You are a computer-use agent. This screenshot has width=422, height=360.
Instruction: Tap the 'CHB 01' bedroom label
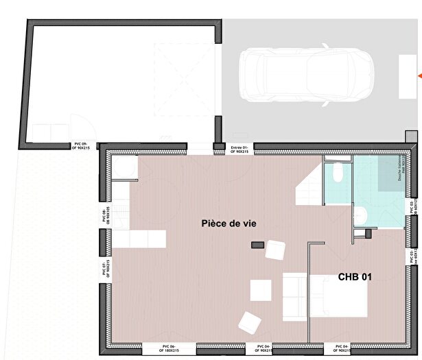(355, 277)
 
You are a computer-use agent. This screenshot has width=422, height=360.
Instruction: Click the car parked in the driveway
(306, 73)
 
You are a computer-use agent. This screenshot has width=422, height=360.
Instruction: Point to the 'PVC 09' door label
(82, 145)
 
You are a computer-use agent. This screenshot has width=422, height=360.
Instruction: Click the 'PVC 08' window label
(105, 215)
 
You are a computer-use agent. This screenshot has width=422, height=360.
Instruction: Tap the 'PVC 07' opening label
(105, 268)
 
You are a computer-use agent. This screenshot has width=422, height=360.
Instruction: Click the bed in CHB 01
(338, 296)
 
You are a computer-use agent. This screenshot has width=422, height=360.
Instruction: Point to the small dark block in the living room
(258, 245)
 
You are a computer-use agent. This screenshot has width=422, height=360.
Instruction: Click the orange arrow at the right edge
(419, 73)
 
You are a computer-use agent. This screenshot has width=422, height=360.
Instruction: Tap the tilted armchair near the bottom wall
(248, 322)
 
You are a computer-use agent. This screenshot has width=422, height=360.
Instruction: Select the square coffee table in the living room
(261, 290)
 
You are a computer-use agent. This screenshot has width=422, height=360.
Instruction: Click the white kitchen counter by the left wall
(139, 239)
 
